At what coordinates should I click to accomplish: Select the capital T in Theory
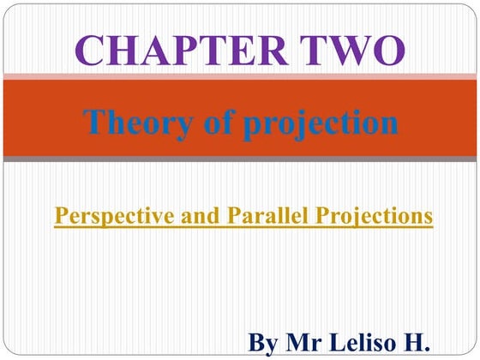point(94,123)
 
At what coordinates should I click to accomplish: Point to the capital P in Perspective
point(60,216)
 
